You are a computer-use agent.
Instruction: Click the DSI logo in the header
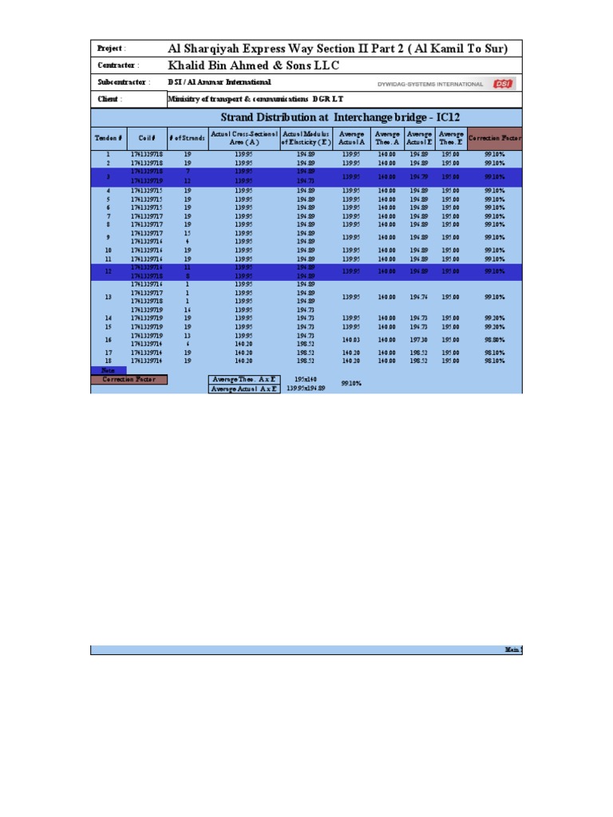pyautogui.click(x=503, y=83)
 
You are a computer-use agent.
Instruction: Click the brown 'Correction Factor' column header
pyautogui.click(x=495, y=138)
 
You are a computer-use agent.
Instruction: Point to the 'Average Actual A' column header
pyautogui.click(x=351, y=138)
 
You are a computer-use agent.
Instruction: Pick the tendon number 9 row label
pyautogui.click(x=109, y=237)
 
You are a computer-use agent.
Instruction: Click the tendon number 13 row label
pyautogui.click(x=109, y=297)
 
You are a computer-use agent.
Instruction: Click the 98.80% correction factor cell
pyautogui.click(x=494, y=339)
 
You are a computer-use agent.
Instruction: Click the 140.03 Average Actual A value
pyautogui.click(x=351, y=339)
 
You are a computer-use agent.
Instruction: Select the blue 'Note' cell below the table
pyautogui.click(x=109, y=370)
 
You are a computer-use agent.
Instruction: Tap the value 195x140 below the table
pyautogui.click(x=305, y=379)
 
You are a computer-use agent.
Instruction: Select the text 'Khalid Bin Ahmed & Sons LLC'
pyautogui.click(x=254, y=65)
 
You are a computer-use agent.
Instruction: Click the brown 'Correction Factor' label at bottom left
pyautogui.click(x=129, y=380)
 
